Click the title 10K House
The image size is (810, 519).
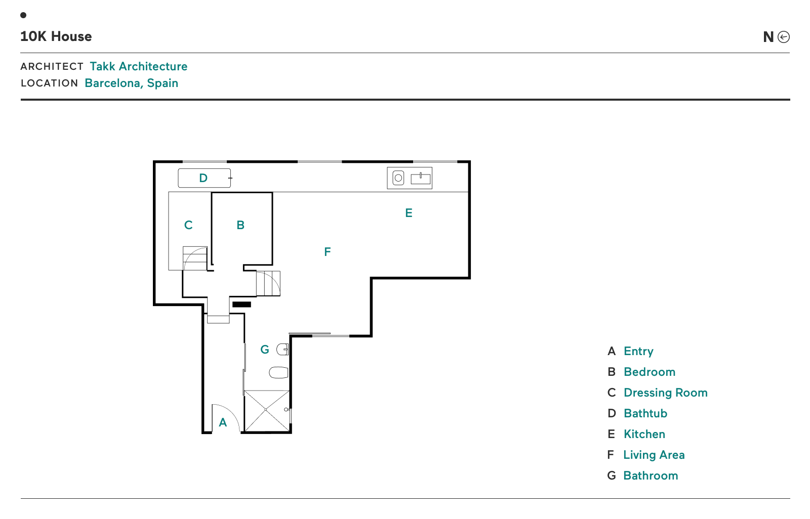click(x=56, y=36)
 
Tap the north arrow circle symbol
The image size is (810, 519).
click(x=783, y=37)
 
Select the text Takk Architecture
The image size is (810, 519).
click(x=138, y=66)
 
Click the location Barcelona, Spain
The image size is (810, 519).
click(x=131, y=83)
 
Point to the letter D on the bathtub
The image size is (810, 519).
click(x=203, y=178)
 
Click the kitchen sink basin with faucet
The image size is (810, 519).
click(x=420, y=178)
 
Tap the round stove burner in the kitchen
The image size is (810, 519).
click(x=398, y=178)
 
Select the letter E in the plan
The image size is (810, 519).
click(x=409, y=213)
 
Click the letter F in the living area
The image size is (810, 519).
click(x=327, y=252)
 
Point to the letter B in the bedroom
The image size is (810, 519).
click(x=240, y=225)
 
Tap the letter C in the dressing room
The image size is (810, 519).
click(x=188, y=225)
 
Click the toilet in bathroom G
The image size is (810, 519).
click(x=278, y=373)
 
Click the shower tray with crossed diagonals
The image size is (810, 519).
click(x=266, y=410)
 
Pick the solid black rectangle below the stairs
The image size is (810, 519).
click(x=241, y=305)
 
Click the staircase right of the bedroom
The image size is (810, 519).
click(x=268, y=283)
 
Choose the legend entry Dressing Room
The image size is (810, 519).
click(x=665, y=393)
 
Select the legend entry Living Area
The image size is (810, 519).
click(x=653, y=455)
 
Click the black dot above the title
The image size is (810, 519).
click(x=23, y=15)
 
